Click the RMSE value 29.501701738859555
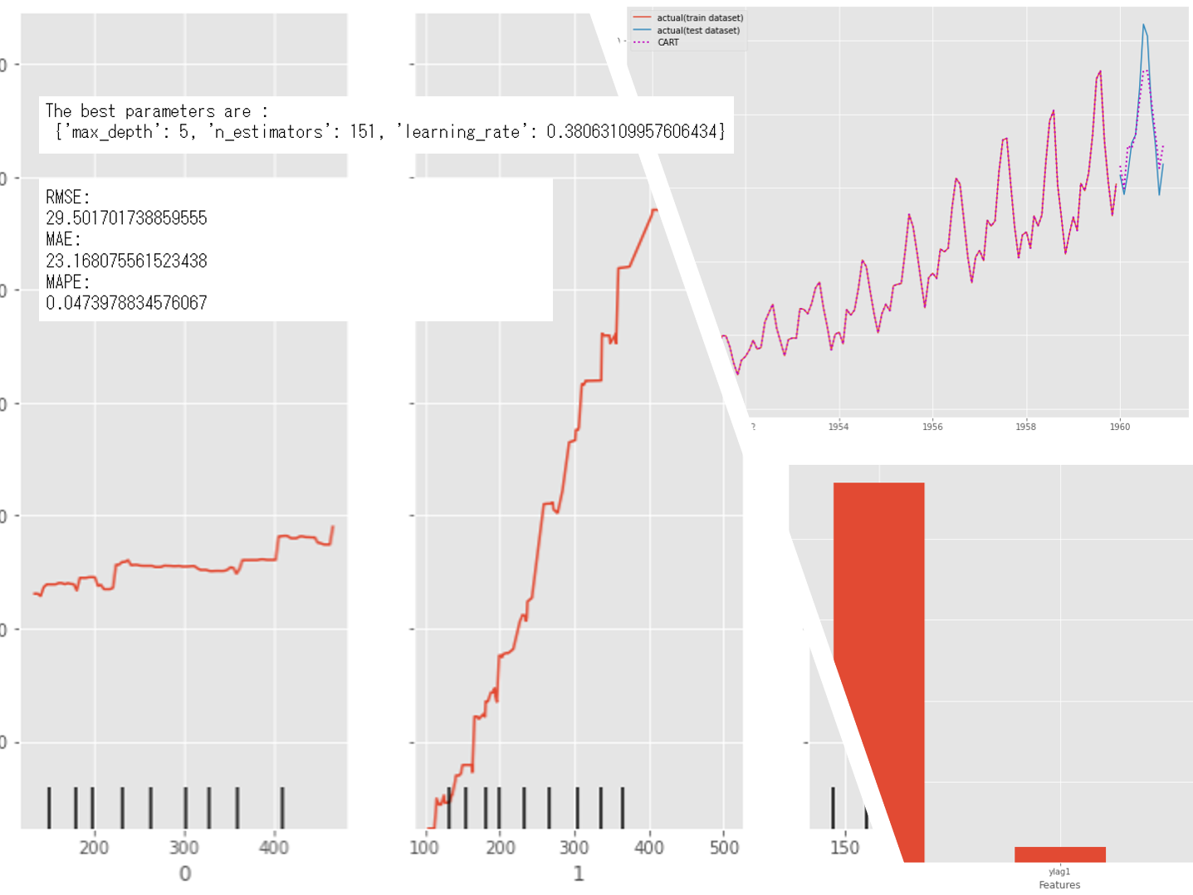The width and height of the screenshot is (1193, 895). (x=126, y=218)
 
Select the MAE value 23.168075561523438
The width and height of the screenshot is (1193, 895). (x=126, y=261)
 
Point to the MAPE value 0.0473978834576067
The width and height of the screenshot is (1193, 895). (x=126, y=303)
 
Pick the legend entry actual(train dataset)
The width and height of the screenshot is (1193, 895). (x=699, y=18)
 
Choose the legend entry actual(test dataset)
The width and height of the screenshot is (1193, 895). (x=697, y=31)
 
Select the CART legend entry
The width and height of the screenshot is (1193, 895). (x=667, y=42)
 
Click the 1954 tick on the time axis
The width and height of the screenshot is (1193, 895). (x=839, y=427)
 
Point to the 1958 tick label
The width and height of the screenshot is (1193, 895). (x=1025, y=427)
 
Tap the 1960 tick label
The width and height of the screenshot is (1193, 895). (x=1119, y=427)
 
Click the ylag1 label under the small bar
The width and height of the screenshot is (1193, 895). (x=1059, y=872)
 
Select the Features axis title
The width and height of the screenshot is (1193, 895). (x=1059, y=885)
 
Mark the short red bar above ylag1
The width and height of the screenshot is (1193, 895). (x=1059, y=854)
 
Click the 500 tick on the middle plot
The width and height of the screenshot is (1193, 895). (x=724, y=848)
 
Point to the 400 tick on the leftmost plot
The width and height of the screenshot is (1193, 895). (x=274, y=848)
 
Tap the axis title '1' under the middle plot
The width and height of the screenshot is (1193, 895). (x=579, y=873)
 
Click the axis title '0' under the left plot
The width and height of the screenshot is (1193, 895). (x=185, y=873)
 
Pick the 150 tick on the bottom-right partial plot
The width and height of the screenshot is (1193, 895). (x=845, y=848)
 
